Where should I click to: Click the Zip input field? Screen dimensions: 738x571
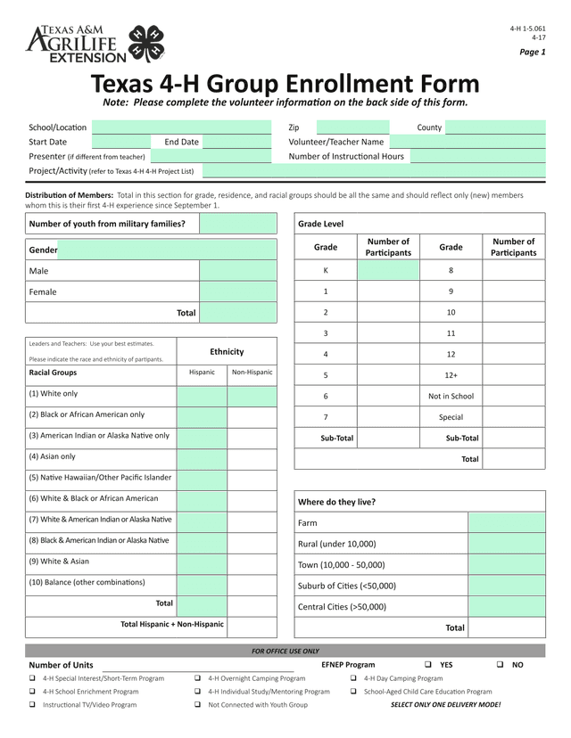pyautogui.click(x=352, y=127)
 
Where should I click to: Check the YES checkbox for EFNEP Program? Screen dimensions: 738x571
pyautogui.click(x=428, y=665)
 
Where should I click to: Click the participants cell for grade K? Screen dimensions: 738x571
pyautogui.click(x=388, y=270)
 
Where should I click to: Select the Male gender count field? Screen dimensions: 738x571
pyautogui.click(x=238, y=271)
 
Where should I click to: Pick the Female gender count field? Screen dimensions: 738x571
pyautogui.click(x=238, y=291)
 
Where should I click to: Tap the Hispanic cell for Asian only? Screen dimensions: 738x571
pyautogui.click(x=202, y=457)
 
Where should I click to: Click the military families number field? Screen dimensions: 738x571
pyautogui.click(x=238, y=224)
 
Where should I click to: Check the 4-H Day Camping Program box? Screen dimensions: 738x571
pyautogui.click(x=354, y=678)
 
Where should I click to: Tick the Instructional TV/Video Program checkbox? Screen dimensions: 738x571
pyautogui.click(x=33, y=705)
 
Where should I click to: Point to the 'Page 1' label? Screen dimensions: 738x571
pyautogui.click(x=533, y=52)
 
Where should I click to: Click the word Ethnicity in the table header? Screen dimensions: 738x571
pyautogui.click(x=227, y=352)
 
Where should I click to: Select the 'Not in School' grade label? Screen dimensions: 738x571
pyautogui.click(x=451, y=396)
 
